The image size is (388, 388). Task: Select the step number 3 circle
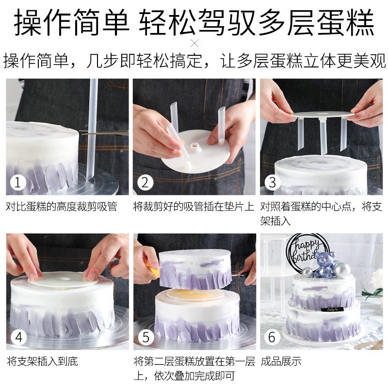pyautogui.click(x=273, y=182)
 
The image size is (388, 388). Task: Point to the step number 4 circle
pyautogui.click(x=18, y=337)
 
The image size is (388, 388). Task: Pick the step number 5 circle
pyautogui.click(x=146, y=337)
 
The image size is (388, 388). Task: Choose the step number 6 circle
pyautogui.click(x=272, y=337)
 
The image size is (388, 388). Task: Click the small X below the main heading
pyautogui.click(x=194, y=44)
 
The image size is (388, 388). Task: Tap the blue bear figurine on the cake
pyautogui.click(x=325, y=264)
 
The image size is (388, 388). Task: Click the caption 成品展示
pyautogui.click(x=281, y=361)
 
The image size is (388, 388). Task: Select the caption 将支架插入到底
pyautogui.click(x=42, y=361)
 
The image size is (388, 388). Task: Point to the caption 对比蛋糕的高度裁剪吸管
pyautogui.click(x=62, y=207)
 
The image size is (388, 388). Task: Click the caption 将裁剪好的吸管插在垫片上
pyautogui.click(x=194, y=207)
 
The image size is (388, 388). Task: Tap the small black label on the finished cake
pyautogui.click(x=332, y=309)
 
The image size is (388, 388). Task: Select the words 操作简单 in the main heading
pyautogui.click(x=72, y=22)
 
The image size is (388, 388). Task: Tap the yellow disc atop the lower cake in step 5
pyautogui.click(x=195, y=295)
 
